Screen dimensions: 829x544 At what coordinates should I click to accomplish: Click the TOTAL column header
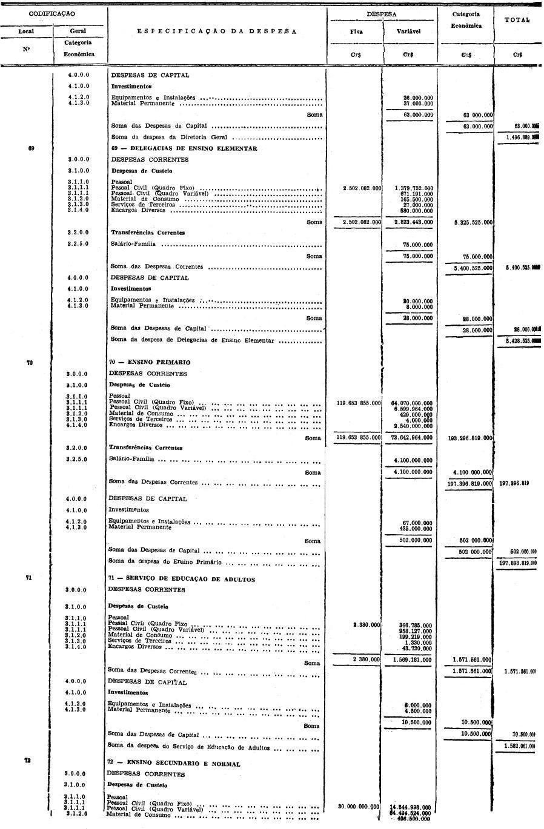pyautogui.click(x=516, y=20)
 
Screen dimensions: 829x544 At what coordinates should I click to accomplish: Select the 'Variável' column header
pyautogui.click(x=408, y=31)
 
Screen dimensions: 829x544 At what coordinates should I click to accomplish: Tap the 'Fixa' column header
pyautogui.click(x=356, y=31)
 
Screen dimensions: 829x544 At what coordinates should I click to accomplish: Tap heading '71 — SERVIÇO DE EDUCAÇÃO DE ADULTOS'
pyautogui.click(x=181, y=579)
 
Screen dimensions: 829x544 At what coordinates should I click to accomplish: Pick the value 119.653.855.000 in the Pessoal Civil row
pyautogui.click(x=358, y=403)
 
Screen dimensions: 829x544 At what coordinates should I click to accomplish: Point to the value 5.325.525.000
pyautogui.click(x=469, y=222)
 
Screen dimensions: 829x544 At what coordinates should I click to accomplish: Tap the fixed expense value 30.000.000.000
pyautogui.click(x=359, y=807)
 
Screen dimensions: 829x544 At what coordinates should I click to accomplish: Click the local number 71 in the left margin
pyautogui.click(x=28, y=578)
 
